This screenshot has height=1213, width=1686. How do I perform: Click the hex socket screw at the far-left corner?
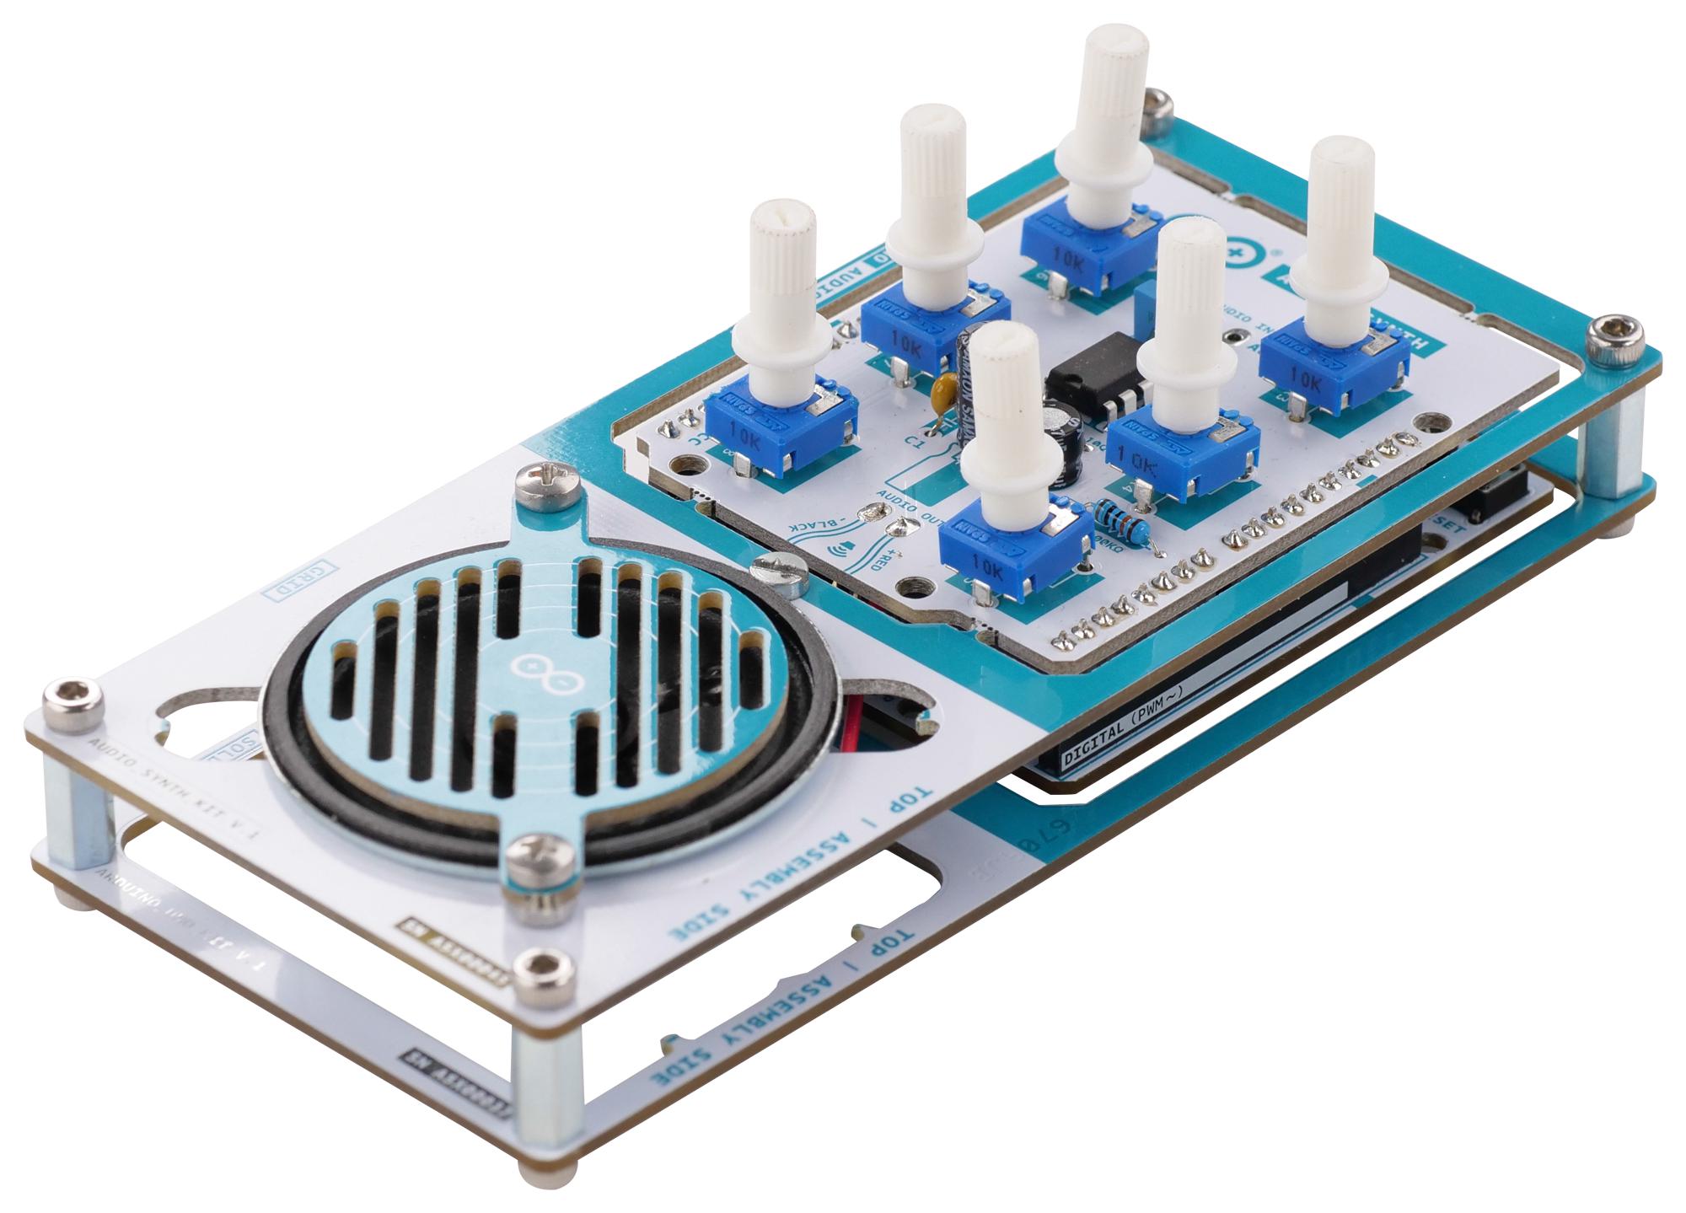point(72,697)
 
